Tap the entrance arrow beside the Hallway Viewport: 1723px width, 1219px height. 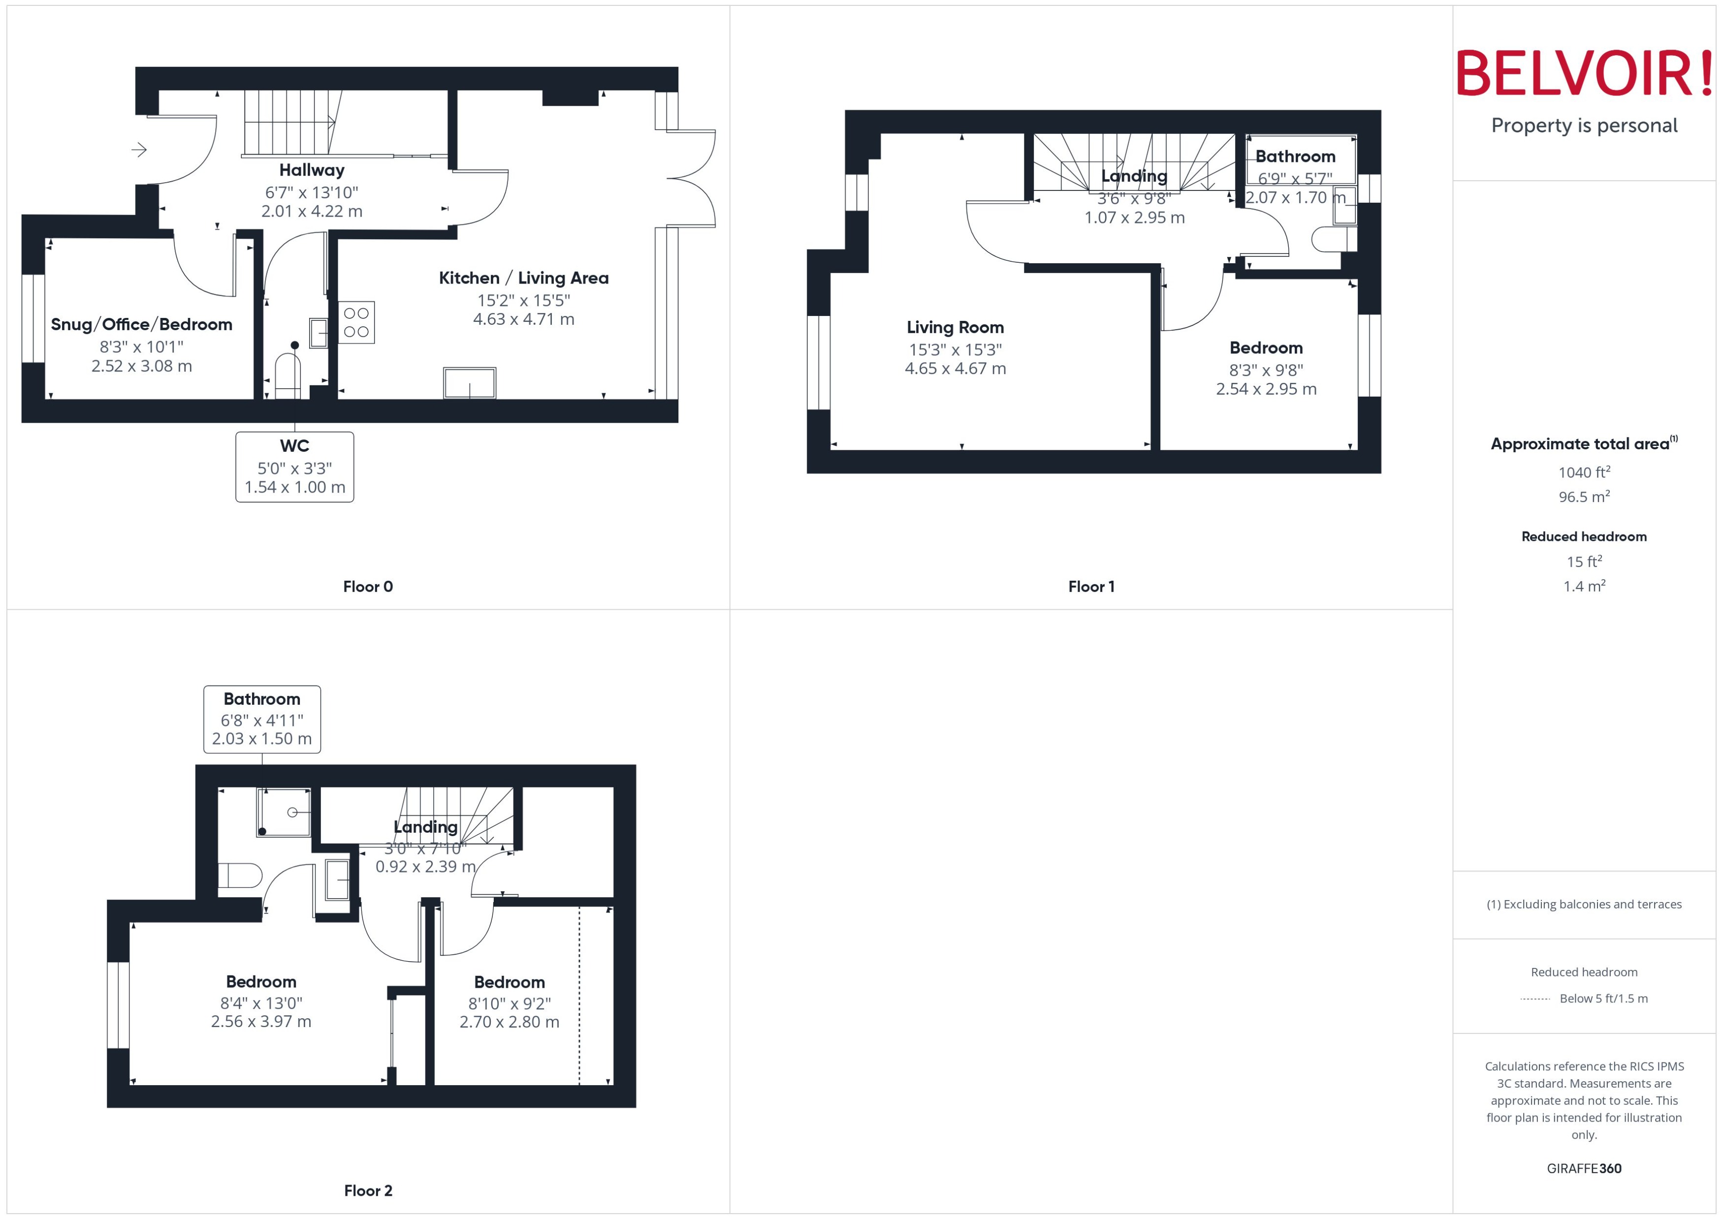tap(139, 150)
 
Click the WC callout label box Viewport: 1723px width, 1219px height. tap(294, 466)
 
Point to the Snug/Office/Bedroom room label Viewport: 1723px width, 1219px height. tap(141, 324)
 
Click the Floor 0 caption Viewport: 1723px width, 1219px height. tap(368, 586)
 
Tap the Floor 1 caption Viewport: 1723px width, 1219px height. tap(1091, 586)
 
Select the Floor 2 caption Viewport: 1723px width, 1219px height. tap(368, 1190)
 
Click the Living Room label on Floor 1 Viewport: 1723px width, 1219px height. tap(955, 327)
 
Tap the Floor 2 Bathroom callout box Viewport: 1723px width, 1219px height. tap(262, 719)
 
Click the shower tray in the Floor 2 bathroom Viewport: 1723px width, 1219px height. tap(284, 812)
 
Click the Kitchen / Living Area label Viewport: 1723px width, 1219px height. tap(523, 278)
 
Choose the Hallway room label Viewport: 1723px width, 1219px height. tap(312, 170)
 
